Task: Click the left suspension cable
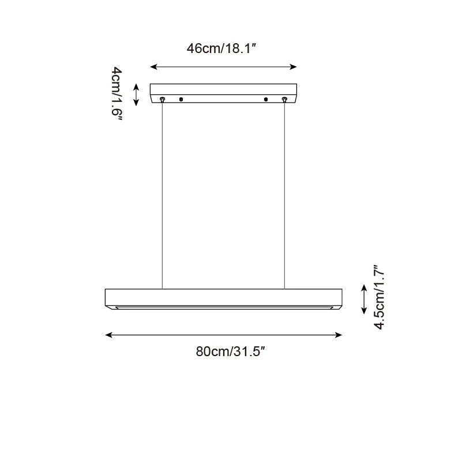162,196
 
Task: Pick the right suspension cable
284,196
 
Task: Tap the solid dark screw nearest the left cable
181,100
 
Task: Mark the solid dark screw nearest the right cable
266,100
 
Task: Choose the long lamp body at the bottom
224,297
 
